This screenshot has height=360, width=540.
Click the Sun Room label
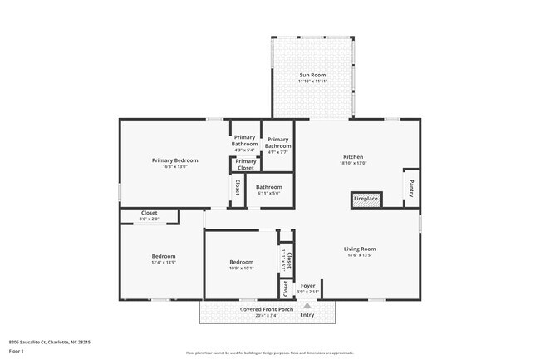coord(313,76)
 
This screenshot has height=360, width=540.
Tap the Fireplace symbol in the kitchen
coord(366,200)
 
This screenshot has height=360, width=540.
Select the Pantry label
coord(410,188)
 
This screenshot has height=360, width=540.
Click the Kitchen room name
coord(353,157)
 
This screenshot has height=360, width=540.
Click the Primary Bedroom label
coord(174,160)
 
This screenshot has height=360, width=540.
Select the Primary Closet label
coord(245,165)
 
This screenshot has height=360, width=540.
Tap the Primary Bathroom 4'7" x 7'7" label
coord(277,143)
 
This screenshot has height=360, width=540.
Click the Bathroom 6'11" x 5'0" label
coord(268,187)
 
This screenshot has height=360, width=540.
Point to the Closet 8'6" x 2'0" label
coord(149,213)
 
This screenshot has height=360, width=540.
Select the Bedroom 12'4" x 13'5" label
coord(163,256)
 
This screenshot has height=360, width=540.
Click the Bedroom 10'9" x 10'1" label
coord(241,263)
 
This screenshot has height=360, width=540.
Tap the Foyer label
coord(307,285)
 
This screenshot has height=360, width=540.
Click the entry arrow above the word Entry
coord(307,305)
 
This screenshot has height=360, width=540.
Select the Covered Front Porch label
coord(267,309)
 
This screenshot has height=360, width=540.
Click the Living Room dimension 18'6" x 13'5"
coord(360,255)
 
